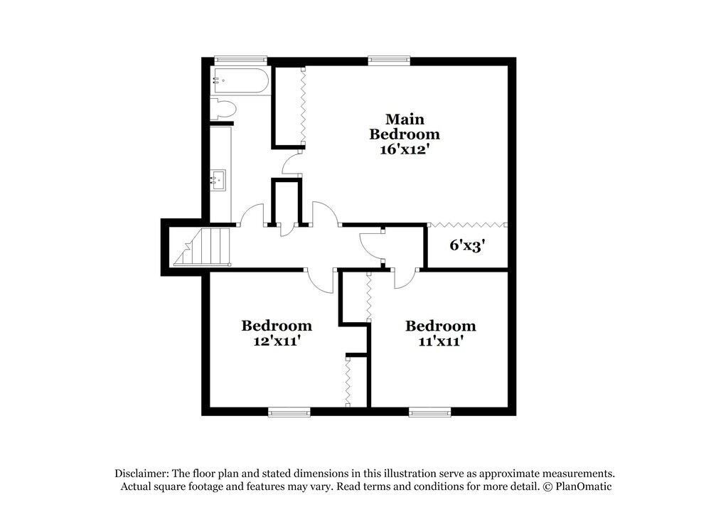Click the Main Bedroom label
click(403, 126)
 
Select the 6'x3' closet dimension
click(467, 246)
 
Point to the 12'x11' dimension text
click(277, 341)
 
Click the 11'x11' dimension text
click(440, 341)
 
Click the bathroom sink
click(218, 180)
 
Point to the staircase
click(204, 247)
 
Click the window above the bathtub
click(240, 60)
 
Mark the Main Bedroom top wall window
click(390, 60)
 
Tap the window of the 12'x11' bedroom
click(289, 411)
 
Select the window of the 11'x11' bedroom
click(429, 411)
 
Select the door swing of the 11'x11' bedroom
click(403, 279)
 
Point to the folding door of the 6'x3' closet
click(467, 225)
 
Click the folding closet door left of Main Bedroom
click(304, 107)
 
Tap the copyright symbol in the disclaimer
click(547, 486)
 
